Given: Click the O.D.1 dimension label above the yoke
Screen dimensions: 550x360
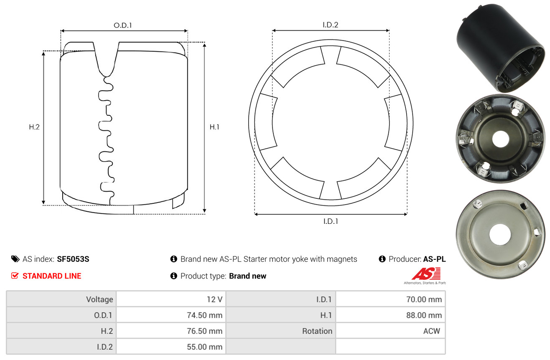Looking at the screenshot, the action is tap(123, 25).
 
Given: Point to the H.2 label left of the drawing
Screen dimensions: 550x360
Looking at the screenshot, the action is tap(34, 127).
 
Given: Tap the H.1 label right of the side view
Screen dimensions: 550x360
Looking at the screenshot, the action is tap(214, 127).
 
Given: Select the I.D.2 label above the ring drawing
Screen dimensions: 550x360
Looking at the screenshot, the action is tap(330, 25).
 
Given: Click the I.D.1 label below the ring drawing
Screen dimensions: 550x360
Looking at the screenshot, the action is tap(331, 221).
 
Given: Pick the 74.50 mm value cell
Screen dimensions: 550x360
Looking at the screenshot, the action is tap(204, 315).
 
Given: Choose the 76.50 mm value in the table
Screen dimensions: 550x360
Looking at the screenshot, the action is tap(204, 331).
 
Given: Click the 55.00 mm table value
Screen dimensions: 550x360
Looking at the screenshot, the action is tap(204, 347).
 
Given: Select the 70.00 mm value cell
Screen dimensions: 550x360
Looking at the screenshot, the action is tap(424, 299).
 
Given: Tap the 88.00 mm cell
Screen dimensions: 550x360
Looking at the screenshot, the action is tap(424, 315).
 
